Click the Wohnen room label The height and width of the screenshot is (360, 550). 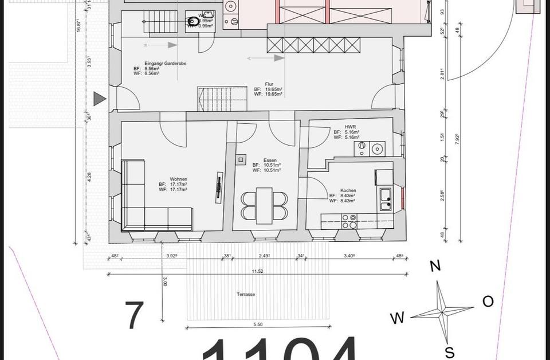click(x=174, y=179)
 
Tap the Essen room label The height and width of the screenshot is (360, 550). click(x=270, y=161)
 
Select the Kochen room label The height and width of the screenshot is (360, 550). click(x=348, y=190)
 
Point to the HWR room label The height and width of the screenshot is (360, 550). click(x=351, y=127)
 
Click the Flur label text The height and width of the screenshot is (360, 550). click(x=269, y=84)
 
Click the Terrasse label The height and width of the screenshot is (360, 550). click(x=245, y=295)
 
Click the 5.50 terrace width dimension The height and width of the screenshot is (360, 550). click(x=257, y=324)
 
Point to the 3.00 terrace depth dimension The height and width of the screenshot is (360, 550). click(x=165, y=282)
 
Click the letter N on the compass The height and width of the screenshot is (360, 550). click(x=435, y=265)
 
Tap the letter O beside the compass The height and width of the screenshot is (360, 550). click(x=488, y=302)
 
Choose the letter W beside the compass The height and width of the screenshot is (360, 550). click(x=398, y=318)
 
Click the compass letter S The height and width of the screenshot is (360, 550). click(x=450, y=351)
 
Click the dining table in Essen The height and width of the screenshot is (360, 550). click(x=264, y=206)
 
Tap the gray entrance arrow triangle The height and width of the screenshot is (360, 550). click(x=100, y=99)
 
